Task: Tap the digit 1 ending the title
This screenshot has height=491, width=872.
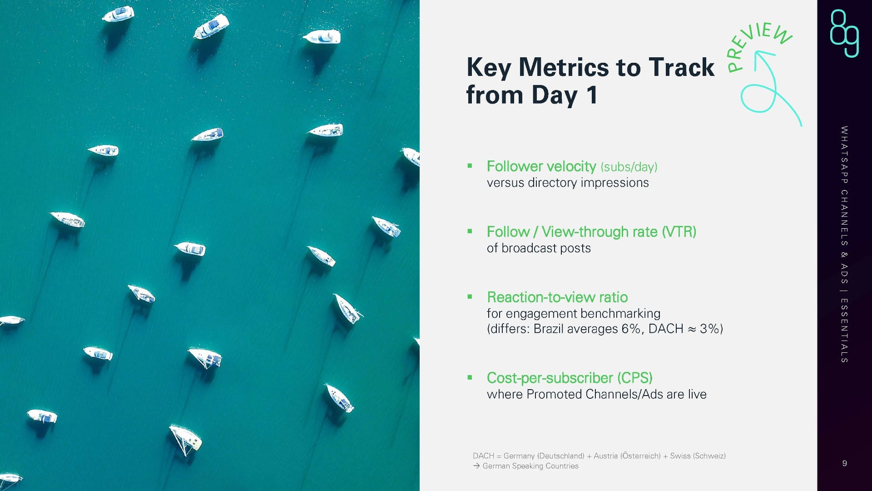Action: (x=591, y=95)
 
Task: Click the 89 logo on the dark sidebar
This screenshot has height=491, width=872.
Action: (x=844, y=33)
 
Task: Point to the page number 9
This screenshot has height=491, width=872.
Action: (x=844, y=463)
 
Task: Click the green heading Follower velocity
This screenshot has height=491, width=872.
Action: (x=541, y=166)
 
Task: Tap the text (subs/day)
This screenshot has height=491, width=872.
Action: (x=629, y=167)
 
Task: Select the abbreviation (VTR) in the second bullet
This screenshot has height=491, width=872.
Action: (x=679, y=232)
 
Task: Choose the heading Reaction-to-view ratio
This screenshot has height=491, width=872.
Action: (x=557, y=297)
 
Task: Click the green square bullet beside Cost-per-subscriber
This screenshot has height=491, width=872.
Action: (x=470, y=377)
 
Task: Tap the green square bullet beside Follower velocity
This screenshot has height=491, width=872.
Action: (x=470, y=166)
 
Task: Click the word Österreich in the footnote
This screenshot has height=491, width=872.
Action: (x=640, y=456)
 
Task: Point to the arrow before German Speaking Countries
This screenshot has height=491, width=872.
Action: (x=476, y=466)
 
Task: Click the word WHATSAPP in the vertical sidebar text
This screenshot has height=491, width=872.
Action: (x=844, y=155)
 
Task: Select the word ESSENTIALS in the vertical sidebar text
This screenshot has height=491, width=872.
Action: (x=844, y=331)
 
